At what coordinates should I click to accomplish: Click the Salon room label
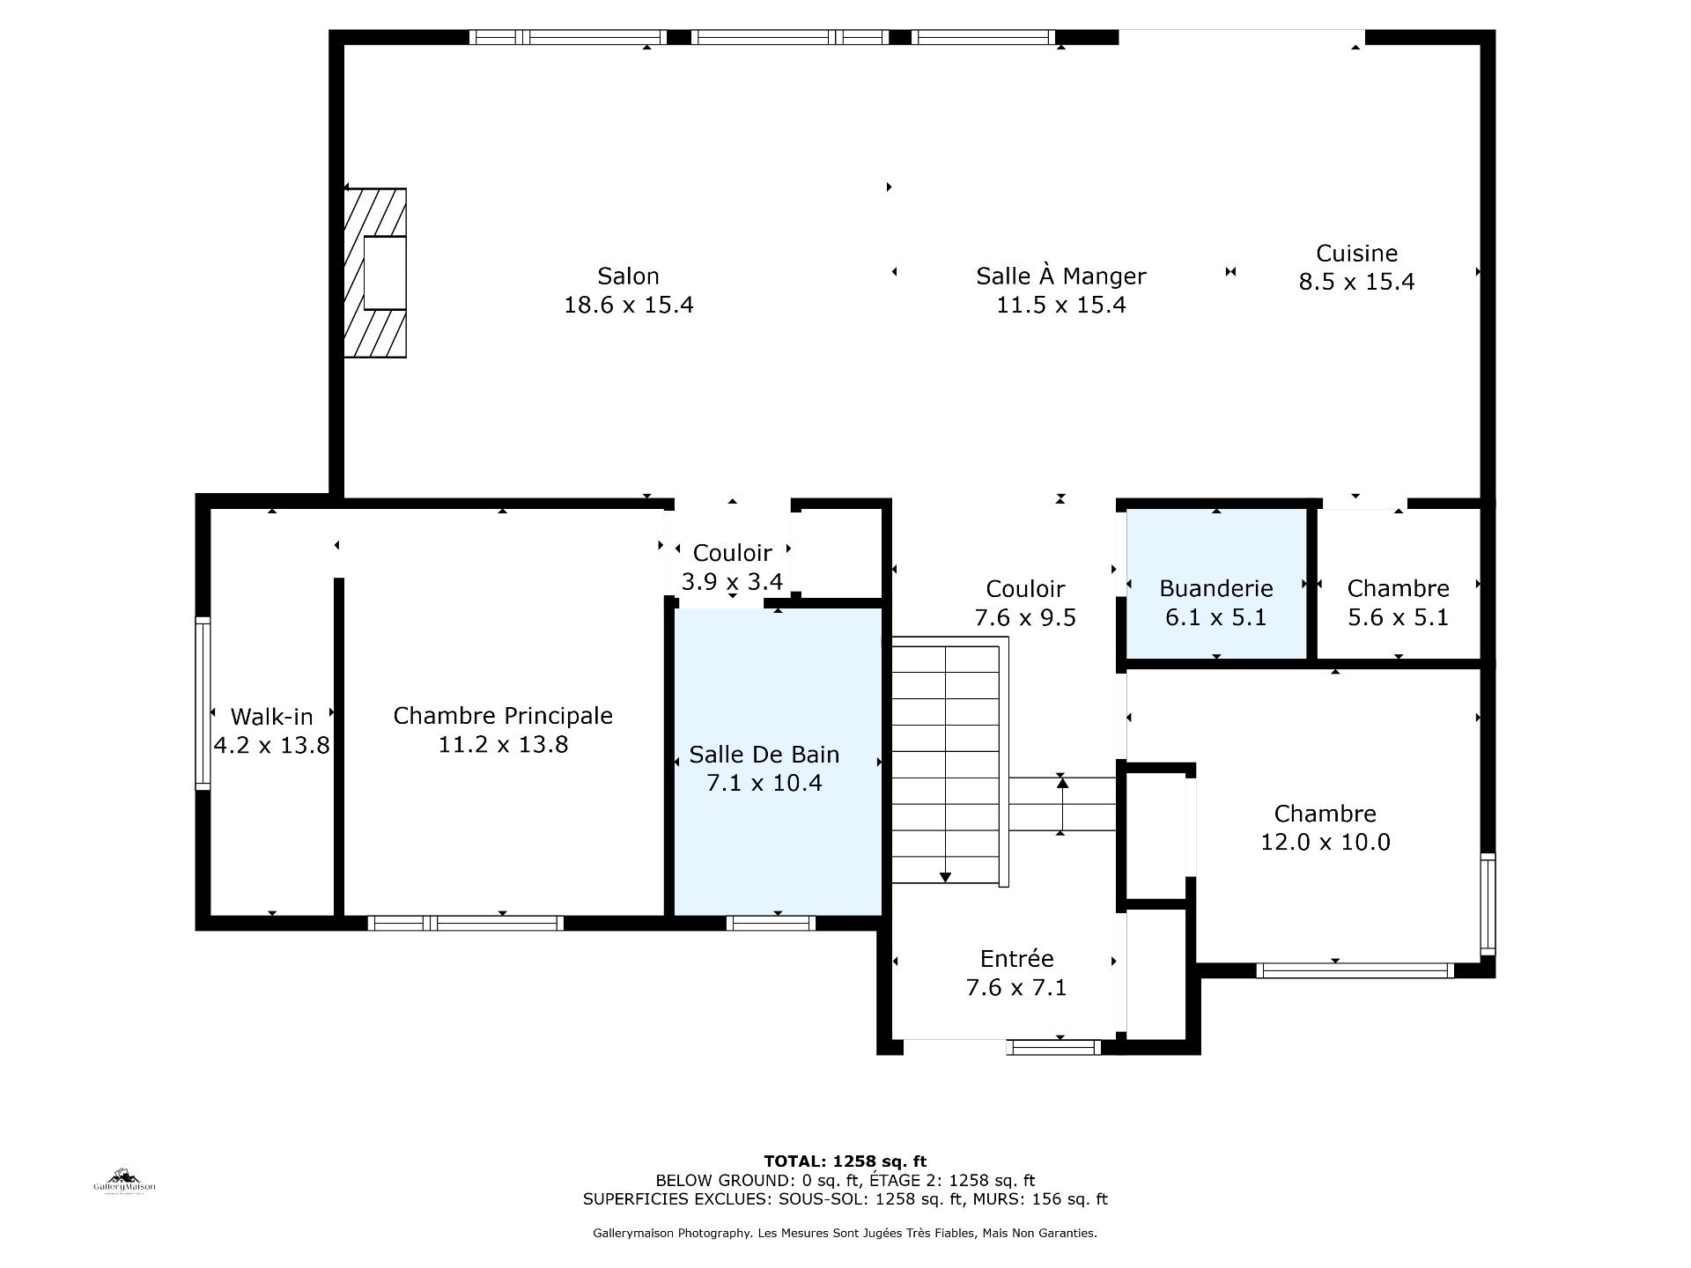pyautogui.click(x=628, y=276)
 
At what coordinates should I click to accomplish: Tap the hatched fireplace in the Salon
pyautogui.click(x=375, y=273)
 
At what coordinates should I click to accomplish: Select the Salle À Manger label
pyautogui.click(x=1060, y=276)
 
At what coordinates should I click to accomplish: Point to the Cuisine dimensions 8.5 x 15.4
pyautogui.click(x=1356, y=282)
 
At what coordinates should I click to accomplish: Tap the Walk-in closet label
pyautogui.click(x=271, y=717)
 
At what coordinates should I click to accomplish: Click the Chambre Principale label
pyautogui.click(x=503, y=716)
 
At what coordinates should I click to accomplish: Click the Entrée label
pyautogui.click(x=1016, y=959)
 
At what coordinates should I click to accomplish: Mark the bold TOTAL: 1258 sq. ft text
pyautogui.click(x=845, y=1161)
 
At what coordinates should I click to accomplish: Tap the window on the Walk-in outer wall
pyautogui.click(x=203, y=702)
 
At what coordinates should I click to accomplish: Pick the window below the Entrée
pyautogui.click(x=1053, y=1047)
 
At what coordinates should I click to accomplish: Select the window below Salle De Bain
pyautogui.click(x=771, y=923)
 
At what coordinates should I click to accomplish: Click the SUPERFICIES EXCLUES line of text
pyautogui.click(x=845, y=1199)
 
